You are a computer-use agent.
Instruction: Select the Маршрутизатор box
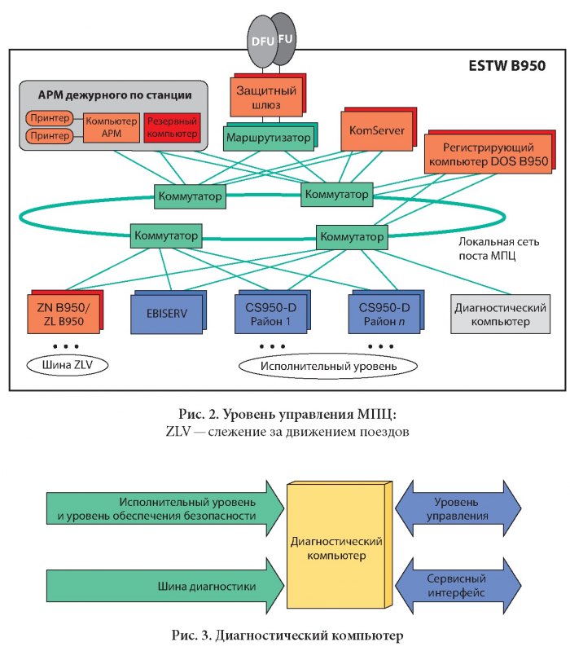(x=267, y=137)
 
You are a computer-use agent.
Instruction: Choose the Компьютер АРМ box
(x=110, y=126)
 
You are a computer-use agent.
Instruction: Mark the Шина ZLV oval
(x=66, y=363)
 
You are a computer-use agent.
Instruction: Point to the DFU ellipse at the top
(x=261, y=41)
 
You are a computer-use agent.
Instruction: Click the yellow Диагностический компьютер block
(x=337, y=548)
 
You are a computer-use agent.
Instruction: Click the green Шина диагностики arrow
(x=163, y=587)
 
